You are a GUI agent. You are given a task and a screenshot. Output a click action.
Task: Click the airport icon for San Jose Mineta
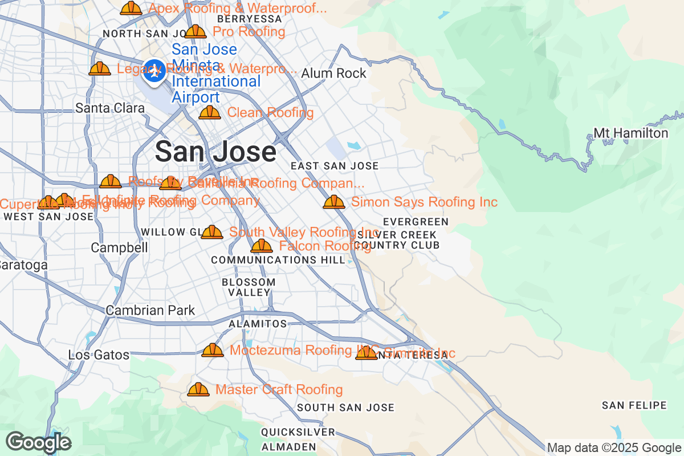(x=153, y=72)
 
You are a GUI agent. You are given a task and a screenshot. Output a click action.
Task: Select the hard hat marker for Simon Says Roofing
(x=334, y=202)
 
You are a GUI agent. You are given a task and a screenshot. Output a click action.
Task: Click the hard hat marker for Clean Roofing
(x=210, y=113)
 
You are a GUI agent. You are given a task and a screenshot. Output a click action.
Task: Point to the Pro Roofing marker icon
(x=196, y=32)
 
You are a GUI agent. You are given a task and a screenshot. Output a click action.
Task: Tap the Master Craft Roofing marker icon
(x=198, y=390)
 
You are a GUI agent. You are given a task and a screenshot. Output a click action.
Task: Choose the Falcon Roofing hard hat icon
(x=262, y=246)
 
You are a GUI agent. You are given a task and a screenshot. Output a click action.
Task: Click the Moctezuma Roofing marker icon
(x=213, y=350)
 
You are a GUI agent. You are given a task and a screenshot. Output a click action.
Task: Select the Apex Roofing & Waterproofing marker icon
(x=131, y=9)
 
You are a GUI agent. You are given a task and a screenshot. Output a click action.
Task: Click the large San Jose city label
(x=215, y=152)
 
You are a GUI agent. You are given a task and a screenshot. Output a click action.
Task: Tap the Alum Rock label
(x=333, y=74)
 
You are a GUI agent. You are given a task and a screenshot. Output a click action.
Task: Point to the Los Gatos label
(x=99, y=355)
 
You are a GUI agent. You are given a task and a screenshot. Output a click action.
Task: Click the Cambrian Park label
(x=150, y=311)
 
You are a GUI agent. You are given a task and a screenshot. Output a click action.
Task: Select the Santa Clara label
(x=110, y=108)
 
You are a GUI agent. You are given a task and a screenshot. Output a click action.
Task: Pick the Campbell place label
(x=119, y=248)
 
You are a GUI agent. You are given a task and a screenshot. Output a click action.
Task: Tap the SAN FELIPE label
(x=634, y=406)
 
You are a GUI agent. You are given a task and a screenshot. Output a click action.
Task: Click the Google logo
(x=38, y=442)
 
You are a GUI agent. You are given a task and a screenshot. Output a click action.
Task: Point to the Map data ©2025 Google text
(x=614, y=447)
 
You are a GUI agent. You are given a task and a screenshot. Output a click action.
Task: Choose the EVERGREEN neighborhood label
(x=416, y=222)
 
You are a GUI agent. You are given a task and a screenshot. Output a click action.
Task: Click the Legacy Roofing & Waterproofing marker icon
(x=100, y=69)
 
